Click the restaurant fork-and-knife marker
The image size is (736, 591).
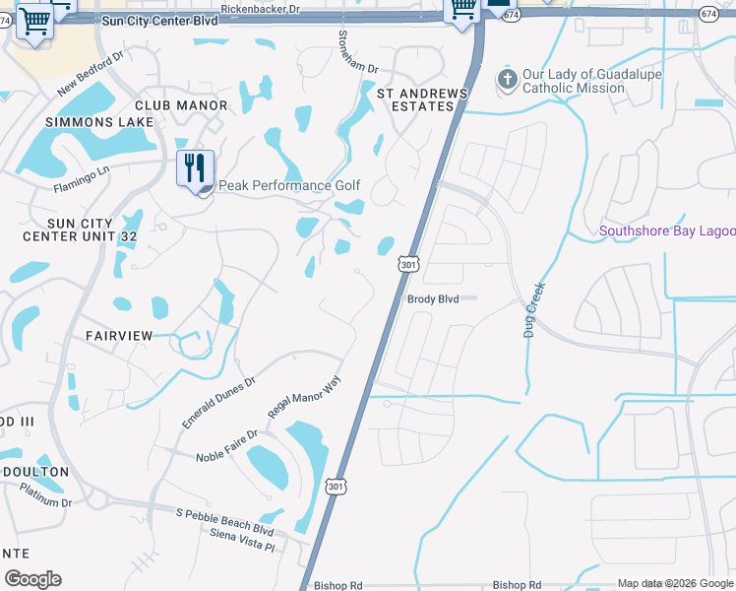coord(195,168)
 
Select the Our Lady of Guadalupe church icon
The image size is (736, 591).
coord(508,79)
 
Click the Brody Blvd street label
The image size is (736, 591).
coord(434,298)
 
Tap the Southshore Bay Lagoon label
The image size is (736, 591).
coord(667,231)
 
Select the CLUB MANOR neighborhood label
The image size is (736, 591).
coord(174,104)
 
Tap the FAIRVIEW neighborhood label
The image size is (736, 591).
coord(119,336)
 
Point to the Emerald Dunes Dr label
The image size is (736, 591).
coord(218,402)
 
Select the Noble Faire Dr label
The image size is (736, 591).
coord(226,445)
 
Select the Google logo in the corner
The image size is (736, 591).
coord(32,579)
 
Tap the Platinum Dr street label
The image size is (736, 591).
coord(45,495)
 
